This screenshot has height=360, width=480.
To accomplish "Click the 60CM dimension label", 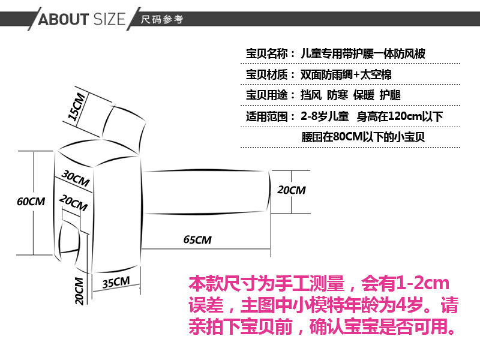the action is point(31,202).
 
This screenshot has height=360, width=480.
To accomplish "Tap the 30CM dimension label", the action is point(76,179).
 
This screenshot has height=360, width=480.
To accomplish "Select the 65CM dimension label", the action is point(197,240).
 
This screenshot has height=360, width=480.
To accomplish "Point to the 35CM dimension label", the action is point(116,282).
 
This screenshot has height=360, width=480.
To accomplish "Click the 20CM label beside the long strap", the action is point(291,190).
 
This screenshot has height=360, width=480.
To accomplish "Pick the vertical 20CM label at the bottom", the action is point(79,291).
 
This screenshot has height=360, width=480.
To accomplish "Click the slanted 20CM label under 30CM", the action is point(74,203).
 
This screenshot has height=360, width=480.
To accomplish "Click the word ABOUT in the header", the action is point(63,19).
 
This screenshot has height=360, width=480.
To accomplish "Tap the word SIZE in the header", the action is point(109,19).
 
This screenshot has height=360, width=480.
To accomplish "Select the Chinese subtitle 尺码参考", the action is point(161,20).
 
